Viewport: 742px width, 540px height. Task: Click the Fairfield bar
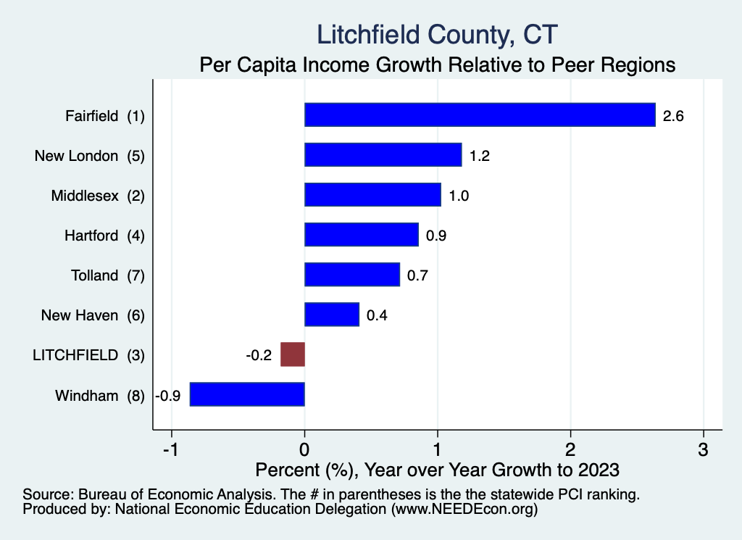coord(480,115)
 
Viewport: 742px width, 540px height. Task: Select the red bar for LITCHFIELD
coord(293,354)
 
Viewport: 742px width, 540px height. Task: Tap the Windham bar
coord(247,394)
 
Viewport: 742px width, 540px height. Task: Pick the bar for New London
coord(383,155)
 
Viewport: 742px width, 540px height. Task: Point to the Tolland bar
coord(352,275)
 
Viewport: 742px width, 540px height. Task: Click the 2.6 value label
coord(673,116)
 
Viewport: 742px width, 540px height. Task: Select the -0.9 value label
coord(168,396)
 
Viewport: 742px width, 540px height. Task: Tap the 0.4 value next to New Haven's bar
coord(377,315)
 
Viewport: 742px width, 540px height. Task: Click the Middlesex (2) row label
coord(98,196)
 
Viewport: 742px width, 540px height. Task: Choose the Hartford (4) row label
coord(104,236)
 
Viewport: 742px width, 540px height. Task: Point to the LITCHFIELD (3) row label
coord(88,355)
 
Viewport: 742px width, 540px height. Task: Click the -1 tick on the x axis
coord(171,449)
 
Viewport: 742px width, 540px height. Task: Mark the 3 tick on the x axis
coord(703,449)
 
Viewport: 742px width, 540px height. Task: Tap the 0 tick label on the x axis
coord(305,449)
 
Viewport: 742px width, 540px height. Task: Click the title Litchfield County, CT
coord(437,35)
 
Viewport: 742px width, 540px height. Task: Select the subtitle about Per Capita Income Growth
coord(437,65)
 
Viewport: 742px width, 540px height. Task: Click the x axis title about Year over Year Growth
coord(437,470)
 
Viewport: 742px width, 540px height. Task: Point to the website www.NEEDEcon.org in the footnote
coord(464,510)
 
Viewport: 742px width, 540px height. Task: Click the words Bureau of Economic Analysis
coord(175,494)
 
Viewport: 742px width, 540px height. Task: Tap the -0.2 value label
coord(259,355)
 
